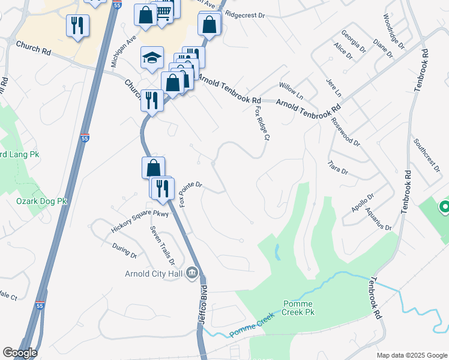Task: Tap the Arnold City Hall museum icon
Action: pyautogui.click(x=192, y=273)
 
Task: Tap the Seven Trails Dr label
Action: pyautogui.click(x=162, y=245)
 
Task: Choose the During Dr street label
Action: pyautogui.click(x=125, y=251)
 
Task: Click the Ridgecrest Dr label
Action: pyautogui.click(x=245, y=12)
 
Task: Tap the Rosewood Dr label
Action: pyautogui.click(x=345, y=132)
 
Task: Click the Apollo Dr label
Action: pyautogui.click(x=363, y=204)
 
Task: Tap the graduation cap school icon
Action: pyautogui.click(x=152, y=58)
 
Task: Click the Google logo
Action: pyautogui.click(x=20, y=353)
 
